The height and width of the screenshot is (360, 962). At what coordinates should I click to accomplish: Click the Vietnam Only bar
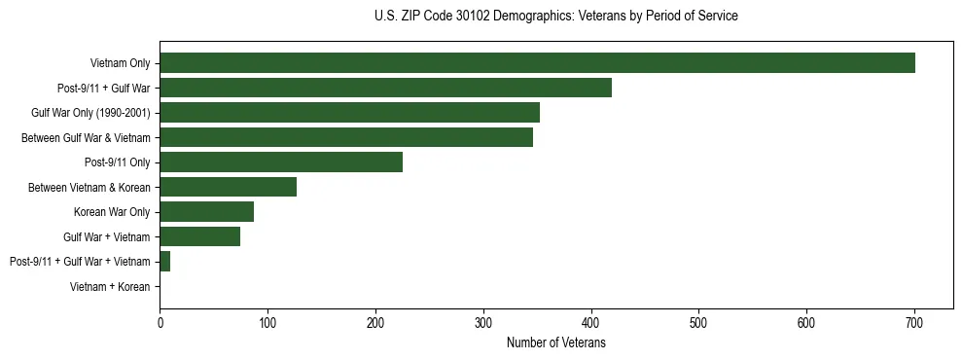coord(537,63)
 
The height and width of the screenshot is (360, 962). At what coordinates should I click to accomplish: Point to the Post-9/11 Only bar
coord(281,162)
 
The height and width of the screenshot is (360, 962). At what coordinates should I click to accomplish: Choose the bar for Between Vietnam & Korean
coord(228,187)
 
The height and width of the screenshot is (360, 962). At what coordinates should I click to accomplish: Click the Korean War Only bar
coord(206,211)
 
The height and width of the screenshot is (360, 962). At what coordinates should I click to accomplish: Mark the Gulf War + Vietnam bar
coord(199,236)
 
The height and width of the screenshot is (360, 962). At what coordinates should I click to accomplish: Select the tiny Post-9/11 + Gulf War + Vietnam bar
coord(164,261)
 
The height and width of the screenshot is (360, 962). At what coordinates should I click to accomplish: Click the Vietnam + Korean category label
coord(110,286)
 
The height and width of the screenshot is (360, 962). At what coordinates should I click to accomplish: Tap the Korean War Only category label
coord(112,211)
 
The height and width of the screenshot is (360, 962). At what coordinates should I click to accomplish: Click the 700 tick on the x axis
coord(913,322)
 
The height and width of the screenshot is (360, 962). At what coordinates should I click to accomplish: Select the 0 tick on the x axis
coord(160,322)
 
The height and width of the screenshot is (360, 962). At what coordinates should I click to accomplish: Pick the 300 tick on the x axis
coord(482,322)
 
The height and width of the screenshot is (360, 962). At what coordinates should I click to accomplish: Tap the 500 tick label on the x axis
coord(698,322)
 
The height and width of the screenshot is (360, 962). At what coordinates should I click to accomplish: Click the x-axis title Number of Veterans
coord(555,342)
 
